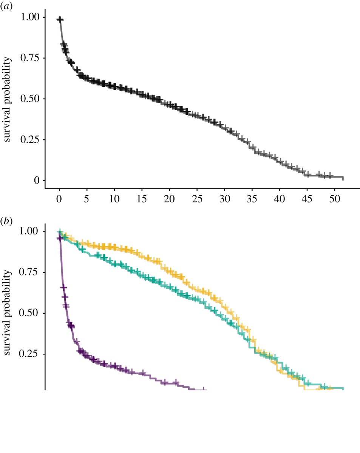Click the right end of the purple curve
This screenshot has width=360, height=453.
[206, 389]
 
